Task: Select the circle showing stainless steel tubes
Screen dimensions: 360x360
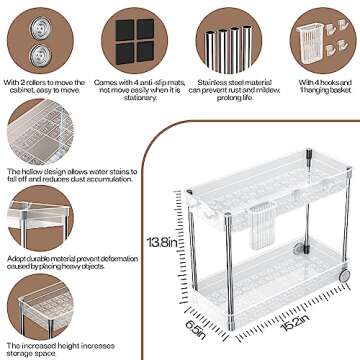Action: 221,37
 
